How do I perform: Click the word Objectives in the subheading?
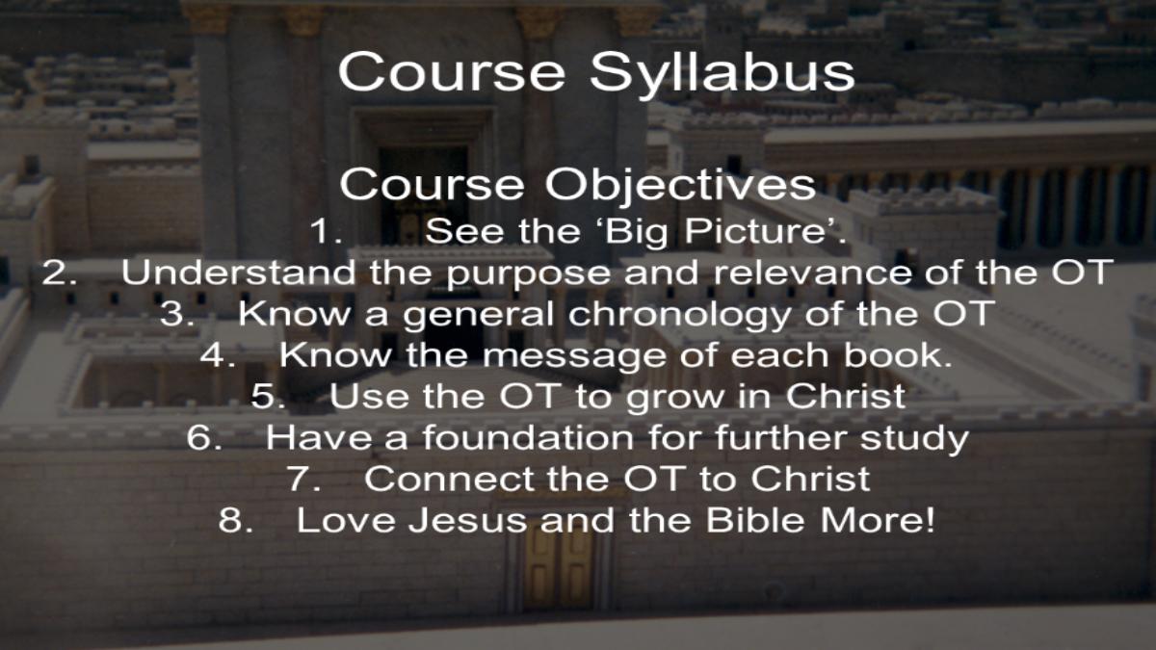[681, 186]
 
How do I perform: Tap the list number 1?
[326, 230]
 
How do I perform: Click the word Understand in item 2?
[238, 272]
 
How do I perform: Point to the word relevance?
[812, 272]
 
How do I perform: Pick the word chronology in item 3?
[679, 315]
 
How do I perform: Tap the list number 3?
[177, 313]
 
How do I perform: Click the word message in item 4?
[573, 356]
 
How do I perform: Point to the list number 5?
[268, 396]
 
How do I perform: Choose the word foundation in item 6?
[528, 437]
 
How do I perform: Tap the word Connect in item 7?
[449, 479]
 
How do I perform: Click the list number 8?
[236, 519]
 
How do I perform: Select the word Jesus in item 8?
[467, 520]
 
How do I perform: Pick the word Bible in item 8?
[754, 519]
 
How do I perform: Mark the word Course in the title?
[452, 72]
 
